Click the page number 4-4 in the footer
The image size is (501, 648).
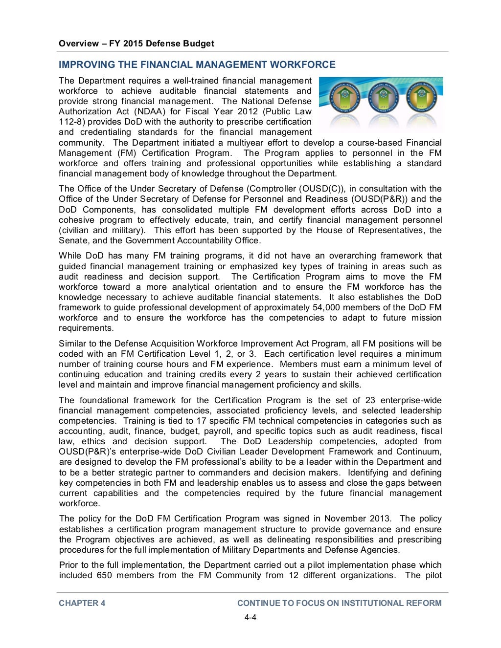(x=250, y=617)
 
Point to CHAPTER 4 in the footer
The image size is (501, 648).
(x=82, y=603)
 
